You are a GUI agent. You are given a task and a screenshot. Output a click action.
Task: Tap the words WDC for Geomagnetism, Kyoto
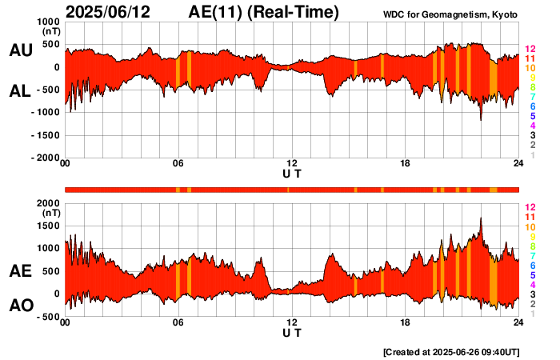[x=451, y=14]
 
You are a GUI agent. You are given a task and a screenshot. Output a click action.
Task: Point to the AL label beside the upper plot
[x=20, y=91]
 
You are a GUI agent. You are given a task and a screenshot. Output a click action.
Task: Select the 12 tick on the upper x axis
[x=292, y=165]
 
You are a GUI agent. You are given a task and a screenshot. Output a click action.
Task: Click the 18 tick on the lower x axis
[x=406, y=323]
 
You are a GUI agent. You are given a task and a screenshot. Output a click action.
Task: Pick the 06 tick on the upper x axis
[x=178, y=165]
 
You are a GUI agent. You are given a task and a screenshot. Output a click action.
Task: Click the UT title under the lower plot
[x=292, y=333]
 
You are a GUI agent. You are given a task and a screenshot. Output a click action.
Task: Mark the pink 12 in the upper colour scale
[x=530, y=50]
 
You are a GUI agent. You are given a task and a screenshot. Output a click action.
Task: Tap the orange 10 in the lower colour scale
[x=530, y=227]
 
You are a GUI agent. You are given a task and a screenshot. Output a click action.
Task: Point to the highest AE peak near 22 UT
[x=481, y=218]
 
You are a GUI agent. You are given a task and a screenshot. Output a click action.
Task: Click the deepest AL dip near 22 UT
[x=481, y=120]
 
